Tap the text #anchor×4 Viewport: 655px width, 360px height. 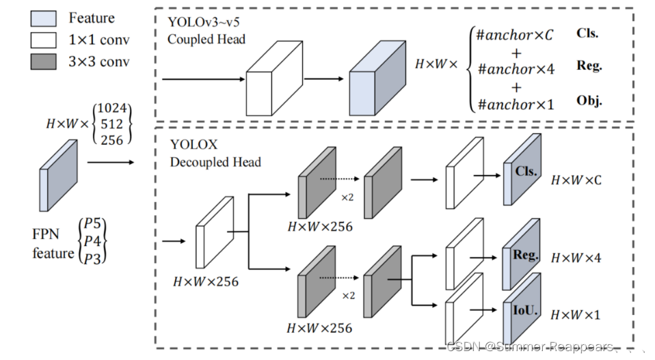pos(516,69)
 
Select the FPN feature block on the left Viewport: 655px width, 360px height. pos(57,175)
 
